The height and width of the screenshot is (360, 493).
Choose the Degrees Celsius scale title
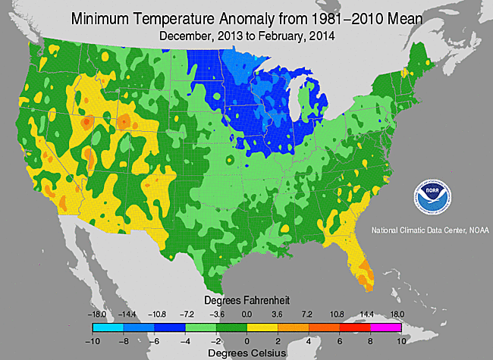(246, 352)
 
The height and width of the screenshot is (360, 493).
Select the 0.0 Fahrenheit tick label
(246, 314)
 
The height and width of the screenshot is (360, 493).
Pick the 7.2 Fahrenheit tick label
(308, 314)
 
